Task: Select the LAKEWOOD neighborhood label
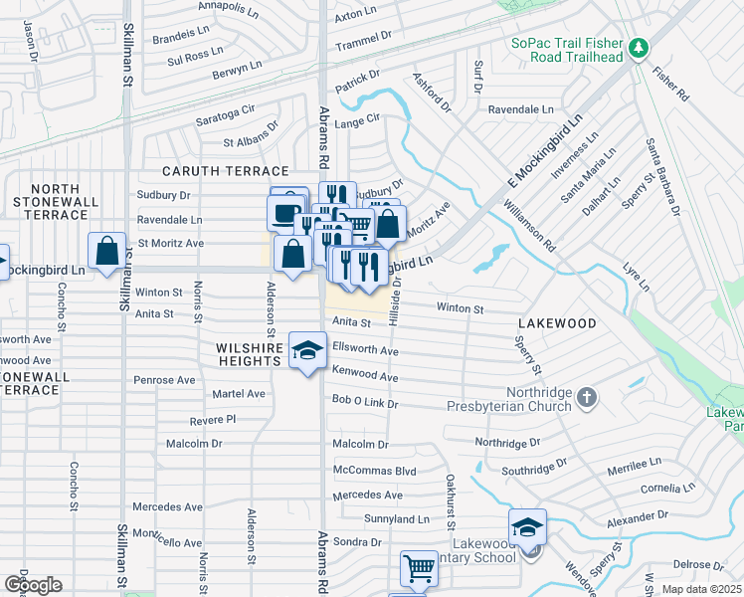click(557, 323)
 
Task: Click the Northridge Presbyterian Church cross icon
click(587, 398)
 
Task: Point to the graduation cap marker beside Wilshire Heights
click(308, 351)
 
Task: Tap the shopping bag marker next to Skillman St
click(107, 252)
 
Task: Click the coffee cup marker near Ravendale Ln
click(286, 212)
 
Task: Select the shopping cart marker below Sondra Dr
click(419, 569)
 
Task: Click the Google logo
click(33, 585)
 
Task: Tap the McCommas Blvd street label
click(374, 471)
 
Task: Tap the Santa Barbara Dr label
click(662, 177)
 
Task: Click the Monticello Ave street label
click(167, 538)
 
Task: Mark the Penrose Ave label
click(165, 380)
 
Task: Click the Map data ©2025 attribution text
click(701, 589)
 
